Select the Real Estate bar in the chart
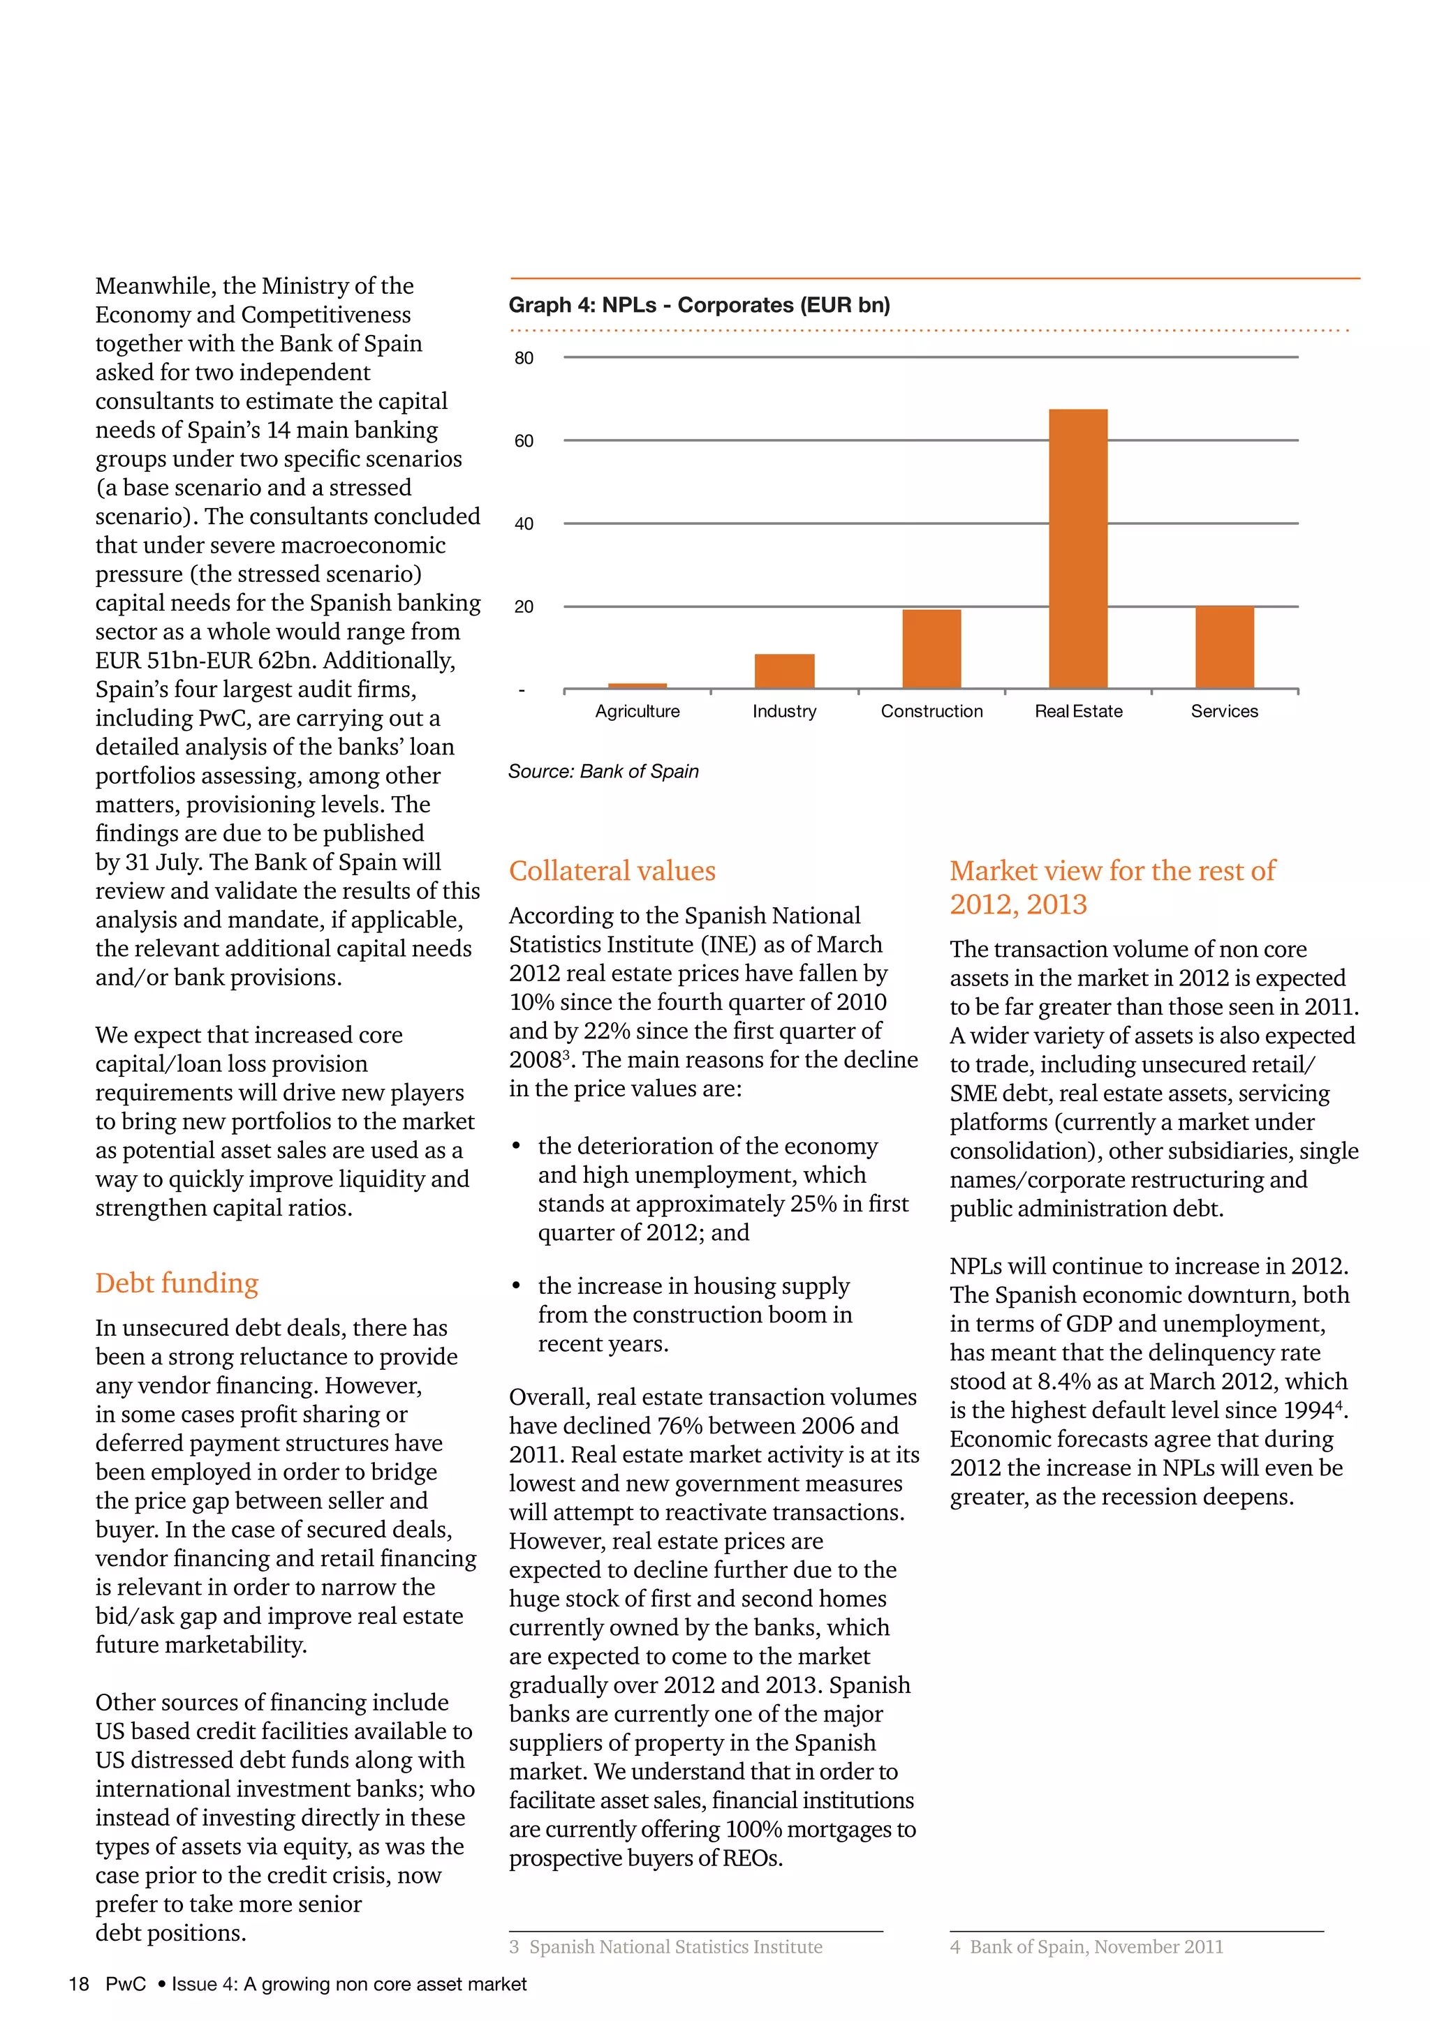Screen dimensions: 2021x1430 pyautogui.click(x=1078, y=549)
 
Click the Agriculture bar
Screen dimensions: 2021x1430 pyautogui.click(x=637, y=685)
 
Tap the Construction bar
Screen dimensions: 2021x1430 pyautogui.click(x=931, y=649)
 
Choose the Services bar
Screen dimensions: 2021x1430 pyautogui.click(x=1224, y=647)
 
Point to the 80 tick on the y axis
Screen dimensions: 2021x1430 pyautogui.click(x=524, y=358)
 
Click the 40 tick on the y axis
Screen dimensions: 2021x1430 pyautogui.click(x=524, y=523)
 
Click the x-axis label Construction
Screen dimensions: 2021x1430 pyautogui.click(x=931, y=711)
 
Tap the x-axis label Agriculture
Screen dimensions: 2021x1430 pyautogui.click(x=637, y=711)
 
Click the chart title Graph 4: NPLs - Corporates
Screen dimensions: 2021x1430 pyautogui.click(x=699, y=306)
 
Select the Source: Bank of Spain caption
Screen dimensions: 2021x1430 pyautogui.click(x=603, y=771)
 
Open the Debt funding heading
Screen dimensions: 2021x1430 pyautogui.click(x=177, y=1283)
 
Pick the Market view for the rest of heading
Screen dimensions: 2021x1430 pyautogui.click(x=1112, y=870)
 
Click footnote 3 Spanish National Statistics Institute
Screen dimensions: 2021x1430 pyautogui.click(x=667, y=1946)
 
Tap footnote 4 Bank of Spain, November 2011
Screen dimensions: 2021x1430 pyautogui.click(x=1086, y=1946)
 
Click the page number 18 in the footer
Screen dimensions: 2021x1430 pyautogui.click(x=79, y=1984)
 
